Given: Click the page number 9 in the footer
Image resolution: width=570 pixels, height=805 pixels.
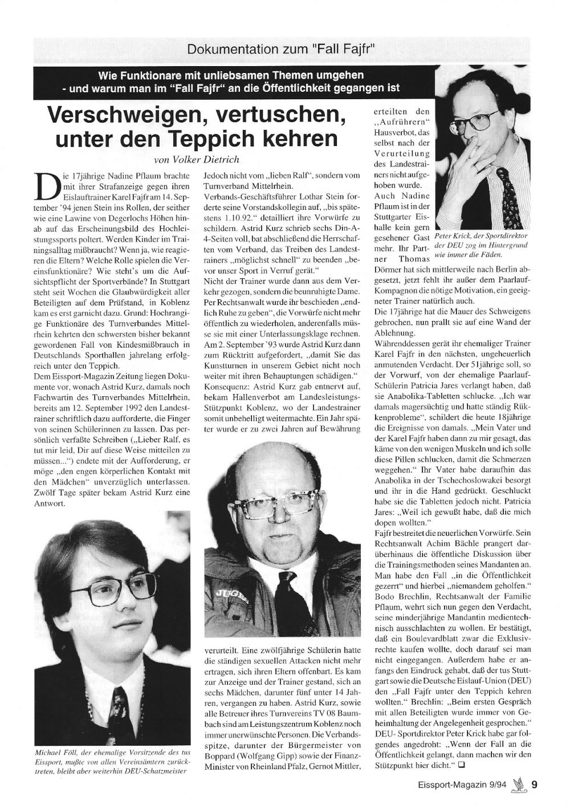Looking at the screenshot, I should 534,784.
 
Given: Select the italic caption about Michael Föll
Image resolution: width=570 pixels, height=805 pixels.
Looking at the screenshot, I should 112,761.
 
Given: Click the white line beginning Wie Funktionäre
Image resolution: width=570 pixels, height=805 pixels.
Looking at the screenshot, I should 230,75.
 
